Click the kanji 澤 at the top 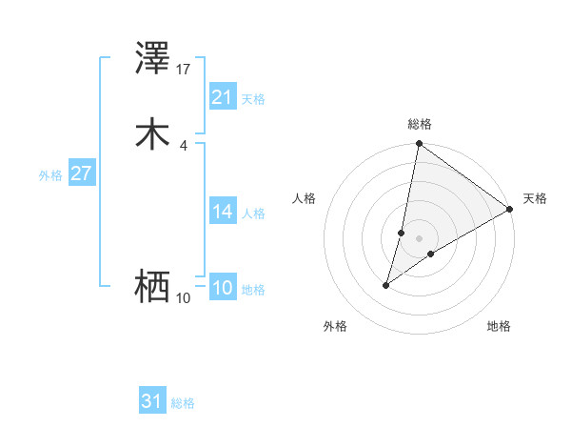(153, 60)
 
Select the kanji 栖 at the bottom (153, 286)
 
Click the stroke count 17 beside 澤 (184, 70)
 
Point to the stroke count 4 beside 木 (184, 145)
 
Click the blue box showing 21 (222, 97)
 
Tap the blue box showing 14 (222, 212)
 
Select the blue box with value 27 (81, 173)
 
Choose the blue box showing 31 (151, 401)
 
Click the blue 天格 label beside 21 (253, 99)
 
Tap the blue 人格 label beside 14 (253, 214)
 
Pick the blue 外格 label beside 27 (50, 175)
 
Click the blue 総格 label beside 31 (183, 403)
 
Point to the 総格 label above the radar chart (420, 124)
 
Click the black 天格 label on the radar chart (535, 198)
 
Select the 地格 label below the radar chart (499, 326)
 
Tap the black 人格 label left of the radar (305, 198)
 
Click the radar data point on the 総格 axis (420, 145)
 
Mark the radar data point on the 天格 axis (510, 210)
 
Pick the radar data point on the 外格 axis (386, 285)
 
